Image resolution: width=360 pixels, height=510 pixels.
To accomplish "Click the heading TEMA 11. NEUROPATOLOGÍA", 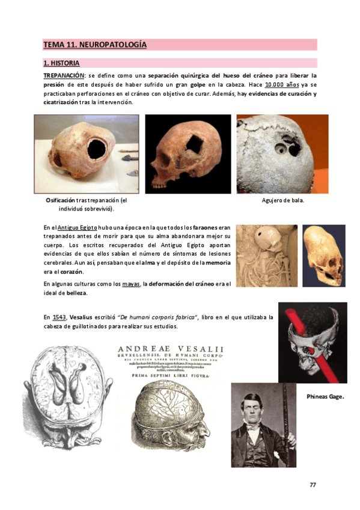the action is point(94,45).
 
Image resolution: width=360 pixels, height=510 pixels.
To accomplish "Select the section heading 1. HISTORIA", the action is point(61,63).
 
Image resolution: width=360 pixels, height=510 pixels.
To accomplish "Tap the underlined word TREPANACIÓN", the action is point(63,75).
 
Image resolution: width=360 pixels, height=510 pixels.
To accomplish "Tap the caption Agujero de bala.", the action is point(282,200).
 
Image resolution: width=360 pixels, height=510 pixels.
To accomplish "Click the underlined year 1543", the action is point(59,317).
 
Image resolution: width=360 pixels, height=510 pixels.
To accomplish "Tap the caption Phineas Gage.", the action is point(325,397).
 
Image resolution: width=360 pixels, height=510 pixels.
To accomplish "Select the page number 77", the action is point(313,485).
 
